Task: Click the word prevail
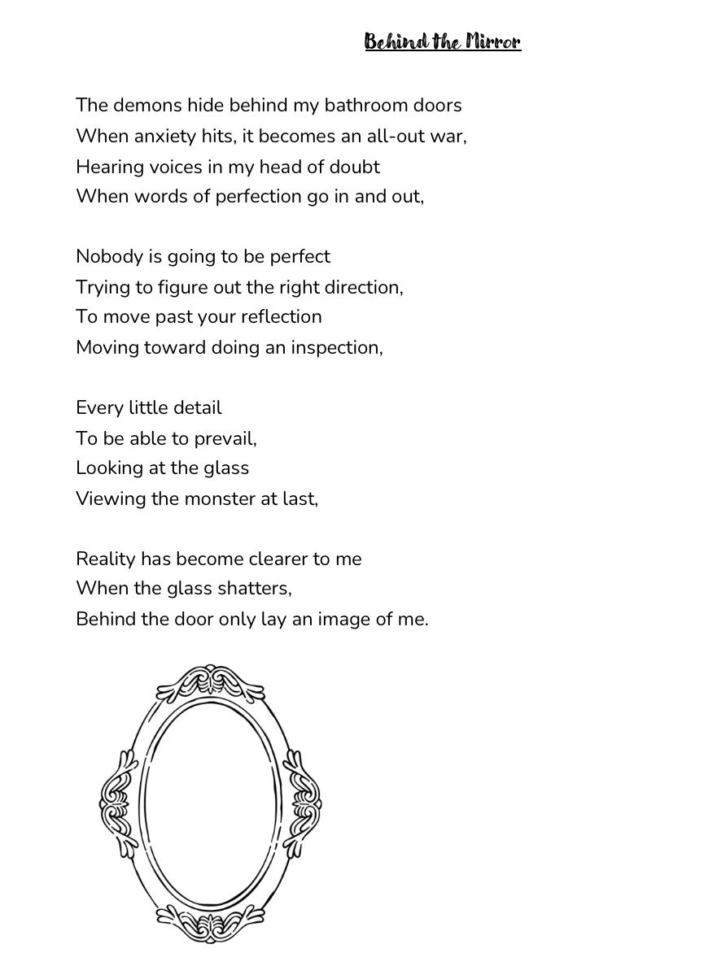pyautogui.click(x=225, y=439)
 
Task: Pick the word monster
pyautogui.click(x=220, y=498)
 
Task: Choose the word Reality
pyautogui.click(x=106, y=559)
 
